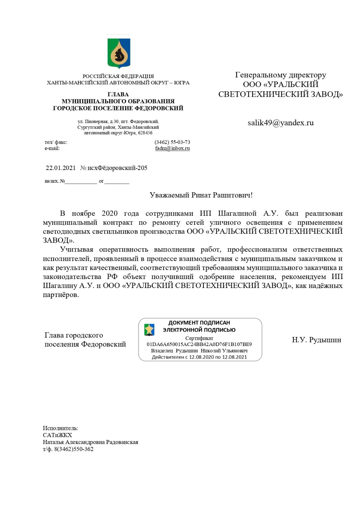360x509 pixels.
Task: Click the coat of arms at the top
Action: [x=119, y=53]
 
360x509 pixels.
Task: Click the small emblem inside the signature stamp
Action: [x=149, y=330]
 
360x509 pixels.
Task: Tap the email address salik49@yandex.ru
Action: [x=280, y=123]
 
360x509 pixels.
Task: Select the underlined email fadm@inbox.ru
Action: [x=172, y=148]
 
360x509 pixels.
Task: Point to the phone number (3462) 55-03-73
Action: [x=172, y=142]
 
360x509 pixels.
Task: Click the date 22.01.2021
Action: [x=61, y=168]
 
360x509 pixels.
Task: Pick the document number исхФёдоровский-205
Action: [x=117, y=168]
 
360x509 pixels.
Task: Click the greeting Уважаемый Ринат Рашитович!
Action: [x=201, y=195]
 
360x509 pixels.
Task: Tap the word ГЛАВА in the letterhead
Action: [x=118, y=94]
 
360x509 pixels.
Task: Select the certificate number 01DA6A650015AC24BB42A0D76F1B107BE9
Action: [x=199, y=344]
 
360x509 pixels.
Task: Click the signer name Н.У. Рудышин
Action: [x=316, y=340]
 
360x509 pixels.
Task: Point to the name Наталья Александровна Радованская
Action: [x=90, y=442]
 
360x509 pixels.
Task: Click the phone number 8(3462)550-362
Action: [x=74, y=449]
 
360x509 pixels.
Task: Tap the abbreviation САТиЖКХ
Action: [x=57, y=435]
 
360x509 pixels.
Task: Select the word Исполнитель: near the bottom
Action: [x=60, y=428]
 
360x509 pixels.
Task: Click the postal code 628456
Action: [x=145, y=133]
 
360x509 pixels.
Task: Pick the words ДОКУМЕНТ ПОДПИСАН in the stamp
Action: [x=199, y=323]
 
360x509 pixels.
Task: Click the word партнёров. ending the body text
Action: [x=61, y=295]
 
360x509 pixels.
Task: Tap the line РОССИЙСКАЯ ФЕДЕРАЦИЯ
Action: [x=118, y=76]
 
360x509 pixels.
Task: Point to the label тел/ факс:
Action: [x=56, y=142]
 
